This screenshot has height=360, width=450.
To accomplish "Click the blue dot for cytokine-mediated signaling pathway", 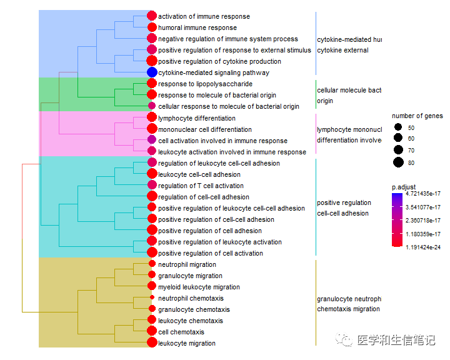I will [x=151, y=72].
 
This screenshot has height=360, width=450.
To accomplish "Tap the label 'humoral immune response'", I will [x=197, y=27].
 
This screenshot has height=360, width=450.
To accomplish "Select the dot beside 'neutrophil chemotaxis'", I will [x=151, y=298].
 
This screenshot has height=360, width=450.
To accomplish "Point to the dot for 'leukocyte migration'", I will [x=151, y=342].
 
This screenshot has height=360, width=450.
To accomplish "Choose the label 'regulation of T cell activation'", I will [x=201, y=186].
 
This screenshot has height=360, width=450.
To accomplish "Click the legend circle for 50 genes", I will [x=397, y=127].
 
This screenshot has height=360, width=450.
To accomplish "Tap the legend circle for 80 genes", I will [x=397, y=162].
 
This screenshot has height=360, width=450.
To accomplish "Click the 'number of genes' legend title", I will [x=417, y=116].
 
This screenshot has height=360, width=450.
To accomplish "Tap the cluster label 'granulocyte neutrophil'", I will [x=349, y=298].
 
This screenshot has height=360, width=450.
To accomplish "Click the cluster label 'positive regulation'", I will [x=344, y=202].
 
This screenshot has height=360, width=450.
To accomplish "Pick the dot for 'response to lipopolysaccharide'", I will [x=151, y=84].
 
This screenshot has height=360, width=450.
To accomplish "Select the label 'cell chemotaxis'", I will [x=181, y=332].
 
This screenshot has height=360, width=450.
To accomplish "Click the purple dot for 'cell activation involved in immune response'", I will [x=151, y=140].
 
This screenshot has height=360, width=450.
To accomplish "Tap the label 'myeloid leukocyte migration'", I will [x=199, y=287].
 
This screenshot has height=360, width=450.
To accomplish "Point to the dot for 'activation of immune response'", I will [x=151, y=16].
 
